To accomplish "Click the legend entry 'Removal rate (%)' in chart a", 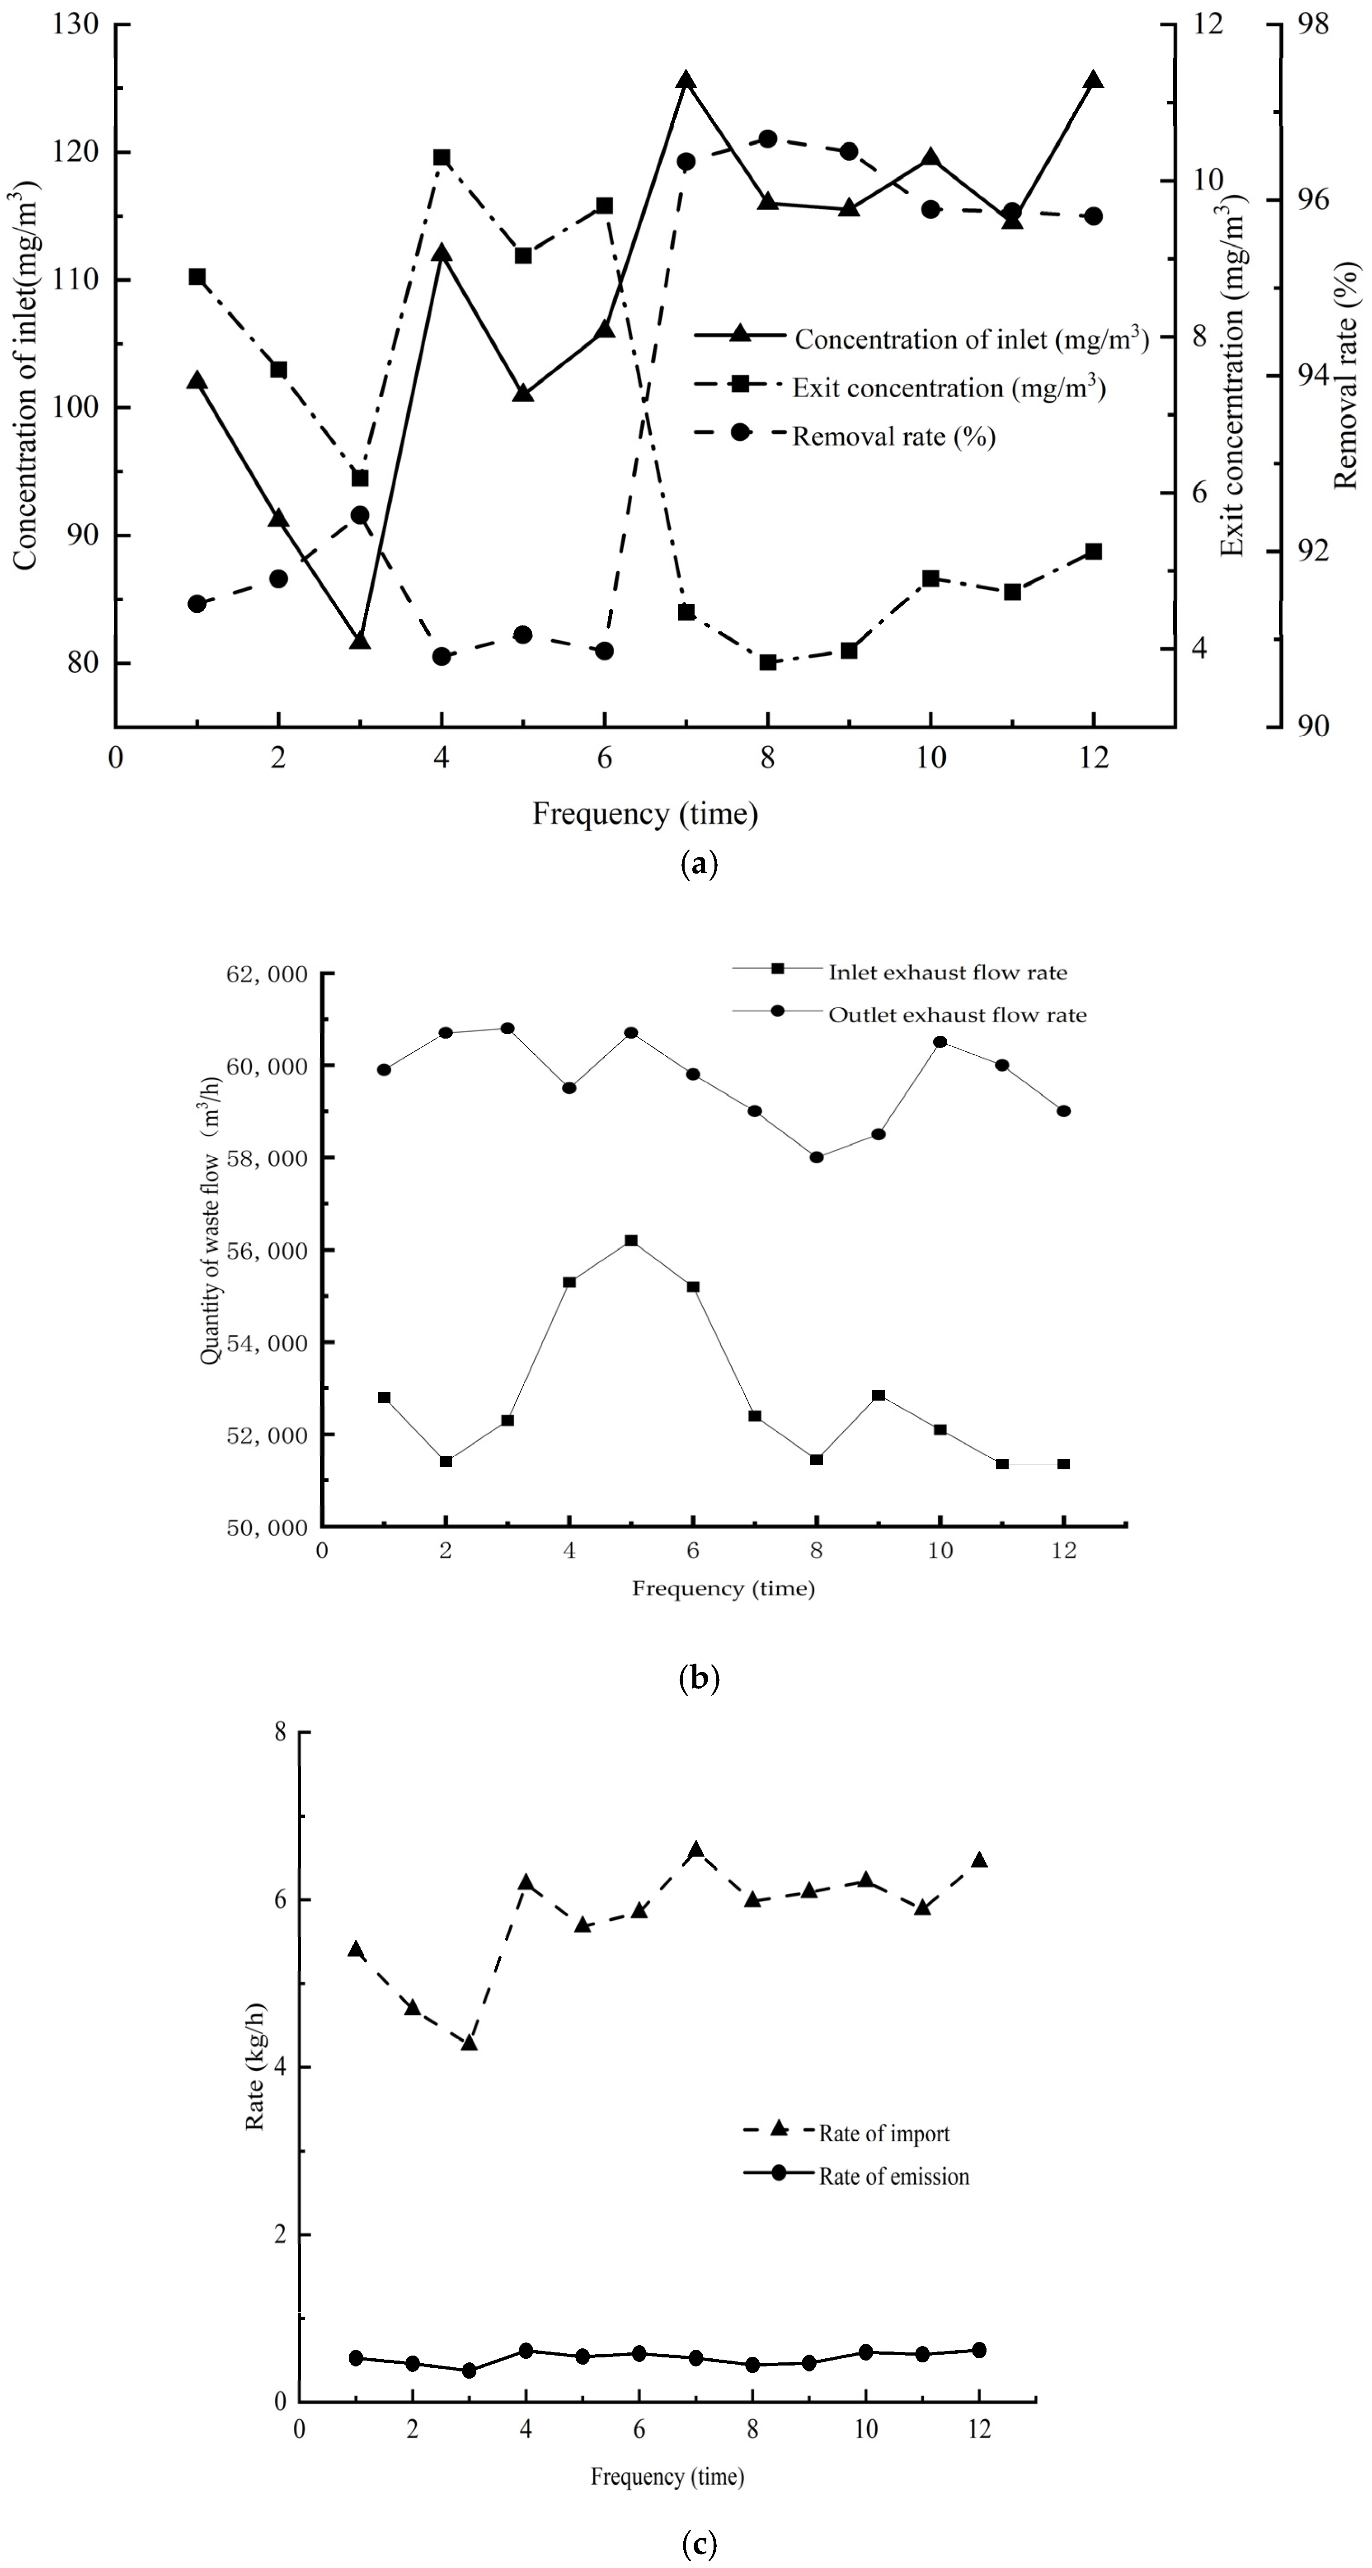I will pyautogui.click(x=893, y=437).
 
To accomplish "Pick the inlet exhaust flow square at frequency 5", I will pyautogui.click(x=631, y=1240).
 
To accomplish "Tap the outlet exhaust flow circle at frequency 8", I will pyautogui.click(x=817, y=1157).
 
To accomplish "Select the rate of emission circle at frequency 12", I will pyautogui.click(x=979, y=2350).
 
